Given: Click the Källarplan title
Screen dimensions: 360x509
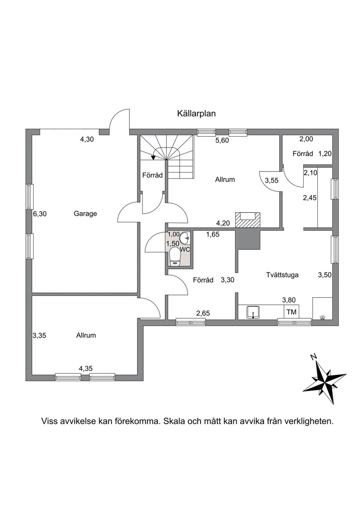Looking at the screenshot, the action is click(196, 114).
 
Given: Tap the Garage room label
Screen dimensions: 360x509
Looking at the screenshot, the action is click(85, 214).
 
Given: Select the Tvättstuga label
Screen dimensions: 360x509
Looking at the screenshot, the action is click(282, 275).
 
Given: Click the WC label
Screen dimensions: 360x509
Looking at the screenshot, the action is click(185, 249).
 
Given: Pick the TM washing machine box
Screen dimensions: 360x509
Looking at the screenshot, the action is click(291, 312).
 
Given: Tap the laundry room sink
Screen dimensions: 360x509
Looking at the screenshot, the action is click(253, 312).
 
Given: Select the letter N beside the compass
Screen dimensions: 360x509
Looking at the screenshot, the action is click(314, 357).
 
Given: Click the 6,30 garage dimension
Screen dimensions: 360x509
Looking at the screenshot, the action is click(40, 214).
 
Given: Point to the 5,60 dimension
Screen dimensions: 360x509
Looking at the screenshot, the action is click(222, 140).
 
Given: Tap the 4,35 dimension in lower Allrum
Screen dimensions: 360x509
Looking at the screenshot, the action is click(86, 368).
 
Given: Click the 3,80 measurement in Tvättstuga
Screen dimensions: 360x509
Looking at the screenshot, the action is click(289, 300).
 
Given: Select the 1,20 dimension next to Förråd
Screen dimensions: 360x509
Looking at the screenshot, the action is click(325, 154).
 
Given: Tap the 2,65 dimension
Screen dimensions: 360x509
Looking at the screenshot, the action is click(203, 313).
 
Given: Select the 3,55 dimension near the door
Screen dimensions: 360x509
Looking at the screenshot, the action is click(271, 180).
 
